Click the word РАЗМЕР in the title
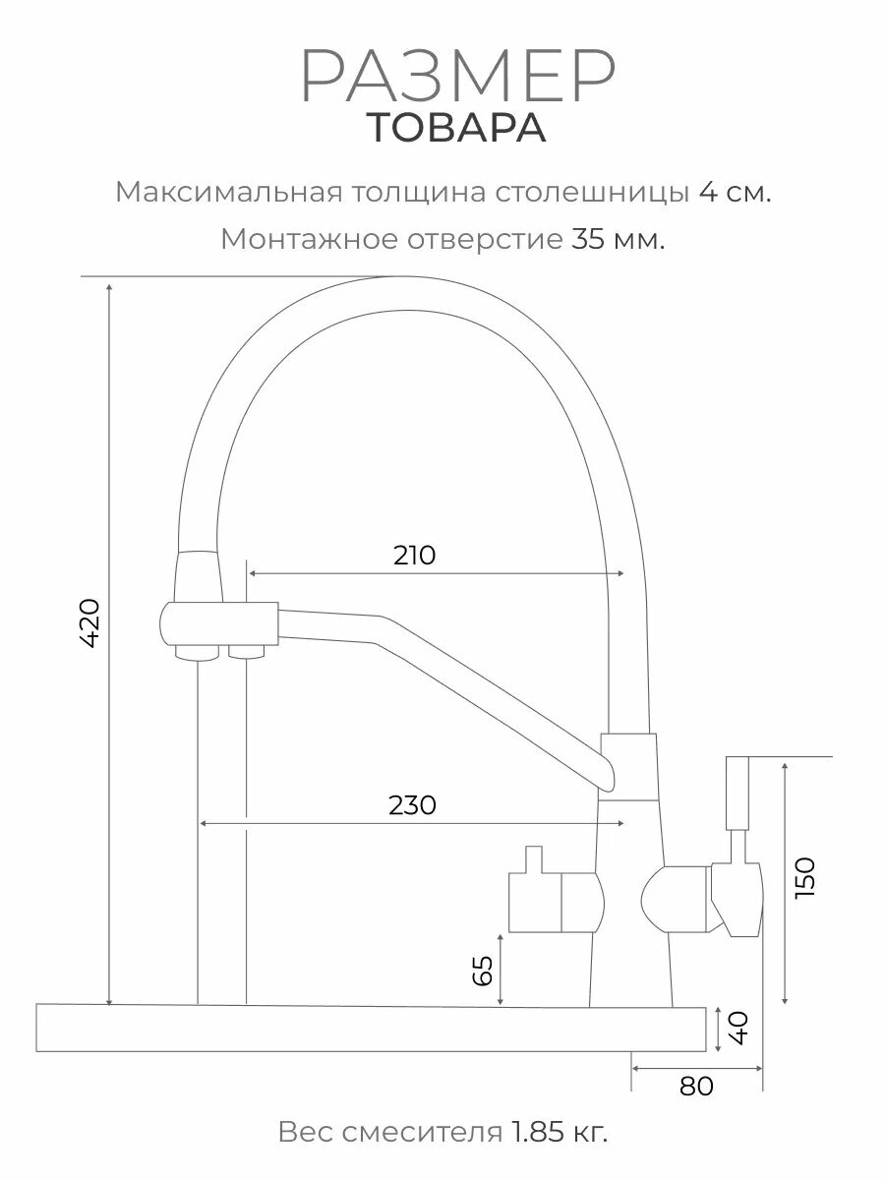tap(457, 78)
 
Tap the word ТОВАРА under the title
tap(457, 129)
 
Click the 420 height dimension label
tap(89, 621)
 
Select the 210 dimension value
tap(414, 556)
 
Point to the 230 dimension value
tap(412, 805)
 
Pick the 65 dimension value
tap(483, 972)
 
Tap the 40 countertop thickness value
tap(740, 1029)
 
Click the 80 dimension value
tap(696, 1086)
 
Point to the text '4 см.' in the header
tap(735, 192)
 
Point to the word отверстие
tap(484, 239)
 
